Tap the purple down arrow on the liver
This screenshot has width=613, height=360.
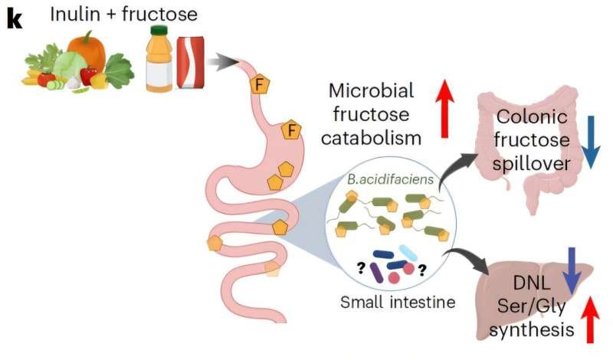click(570, 267)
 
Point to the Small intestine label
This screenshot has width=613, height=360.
click(398, 302)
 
